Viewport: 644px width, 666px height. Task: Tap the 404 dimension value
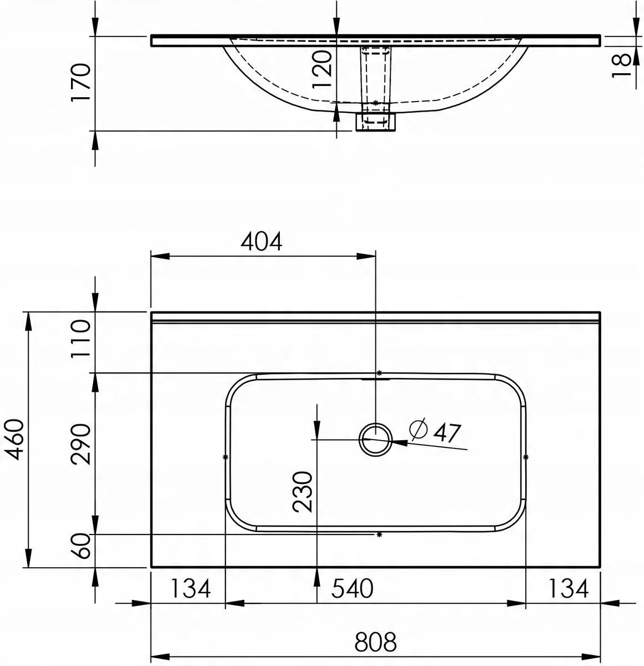coord(261,241)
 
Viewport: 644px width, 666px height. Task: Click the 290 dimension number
coord(80,444)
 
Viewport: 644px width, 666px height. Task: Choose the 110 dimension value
coord(80,339)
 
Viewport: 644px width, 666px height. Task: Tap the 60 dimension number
coord(80,546)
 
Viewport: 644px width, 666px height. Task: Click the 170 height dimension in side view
coord(80,82)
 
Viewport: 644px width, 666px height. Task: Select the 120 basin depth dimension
coord(323,68)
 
